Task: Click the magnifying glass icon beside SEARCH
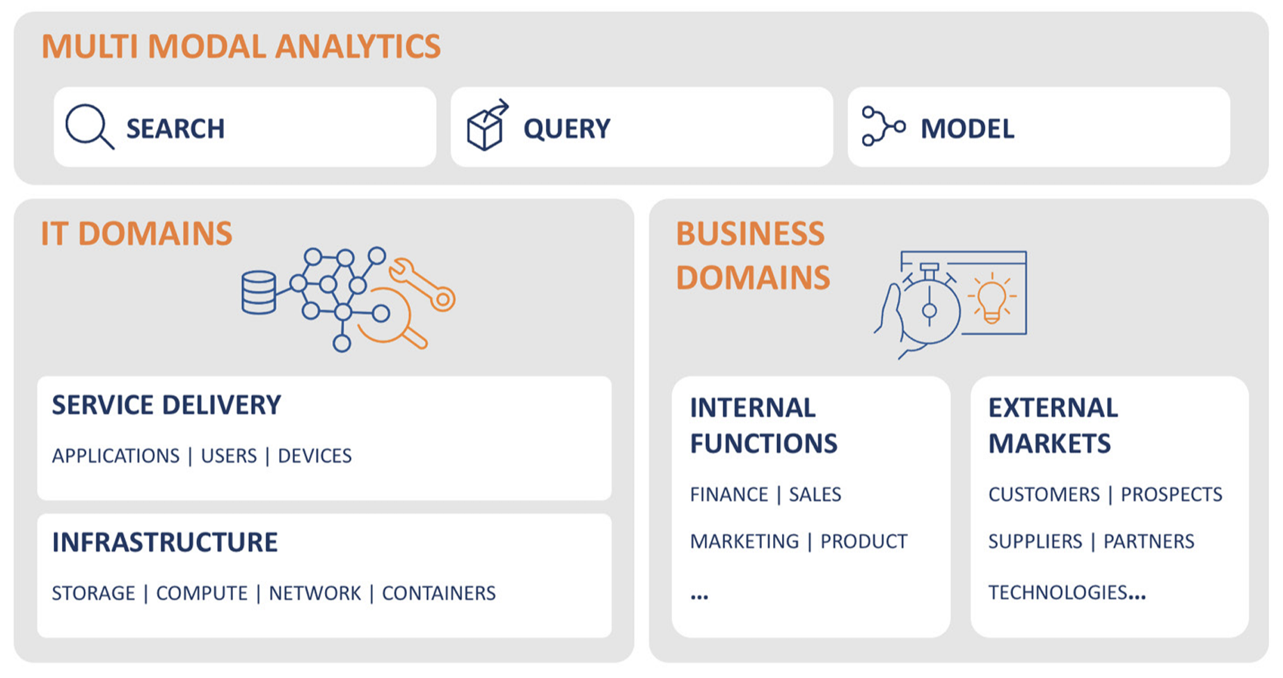pyautogui.click(x=88, y=127)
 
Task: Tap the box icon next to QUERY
pyautogui.click(x=486, y=126)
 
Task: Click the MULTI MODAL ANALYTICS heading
pyautogui.click(x=241, y=47)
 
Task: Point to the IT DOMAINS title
pyautogui.click(x=136, y=234)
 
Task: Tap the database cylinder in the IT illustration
pyautogui.click(x=258, y=292)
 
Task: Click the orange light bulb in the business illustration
pyautogui.click(x=991, y=298)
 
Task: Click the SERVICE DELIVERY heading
pyautogui.click(x=166, y=405)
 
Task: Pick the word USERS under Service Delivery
pyautogui.click(x=229, y=456)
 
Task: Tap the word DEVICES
pyautogui.click(x=314, y=456)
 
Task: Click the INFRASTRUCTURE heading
pyautogui.click(x=165, y=542)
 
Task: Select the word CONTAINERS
pyautogui.click(x=438, y=593)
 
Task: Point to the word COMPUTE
pyautogui.click(x=202, y=593)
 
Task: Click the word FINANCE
pyautogui.click(x=728, y=494)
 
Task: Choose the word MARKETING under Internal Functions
pyautogui.click(x=744, y=542)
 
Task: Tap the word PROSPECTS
pyautogui.click(x=1171, y=494)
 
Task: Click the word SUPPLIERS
pyautogui.click(x=1035, y=542)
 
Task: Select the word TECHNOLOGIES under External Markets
pyautogui.click(x=1058, y=592)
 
